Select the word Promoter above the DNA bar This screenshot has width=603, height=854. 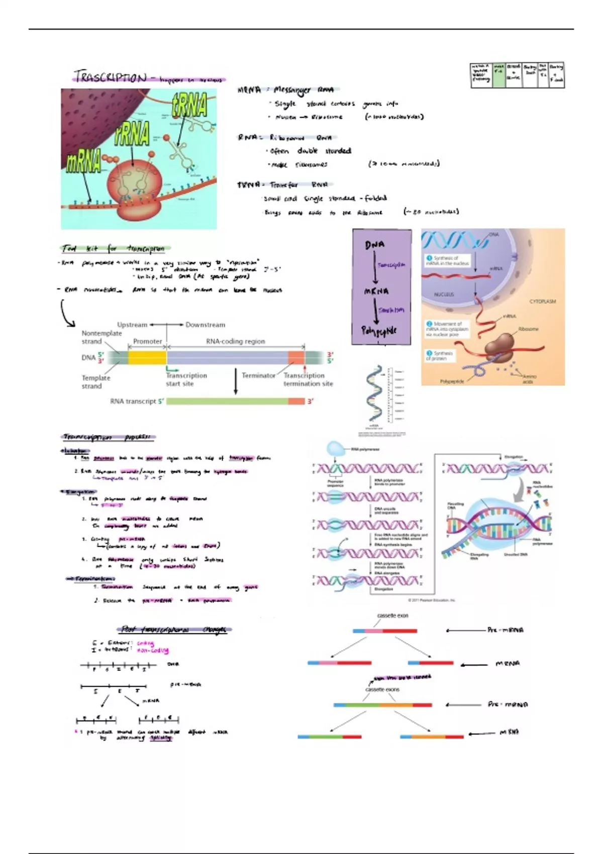(x=147, y=341)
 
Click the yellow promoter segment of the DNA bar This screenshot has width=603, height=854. (x=147, y=357)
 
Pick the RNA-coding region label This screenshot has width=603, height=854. (x=235, y=341)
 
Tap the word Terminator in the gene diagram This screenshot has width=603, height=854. (x=258, y=375)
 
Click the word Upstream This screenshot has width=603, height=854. (x=132, y=325)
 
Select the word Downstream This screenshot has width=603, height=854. (x=205, y=325)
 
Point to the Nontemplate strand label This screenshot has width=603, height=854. (x=102, y=337)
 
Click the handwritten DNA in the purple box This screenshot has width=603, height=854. (x=375, y=245)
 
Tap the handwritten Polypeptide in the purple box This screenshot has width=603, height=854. (x=379, y=331)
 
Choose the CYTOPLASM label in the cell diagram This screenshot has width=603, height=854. (x=542, y=301)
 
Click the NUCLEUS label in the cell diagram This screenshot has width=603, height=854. (x=444, y=294)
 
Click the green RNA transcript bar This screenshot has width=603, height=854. (x=227, y=401)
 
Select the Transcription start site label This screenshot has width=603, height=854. (x=186, y=379)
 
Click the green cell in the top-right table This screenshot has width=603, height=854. (x=498, y=76)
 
